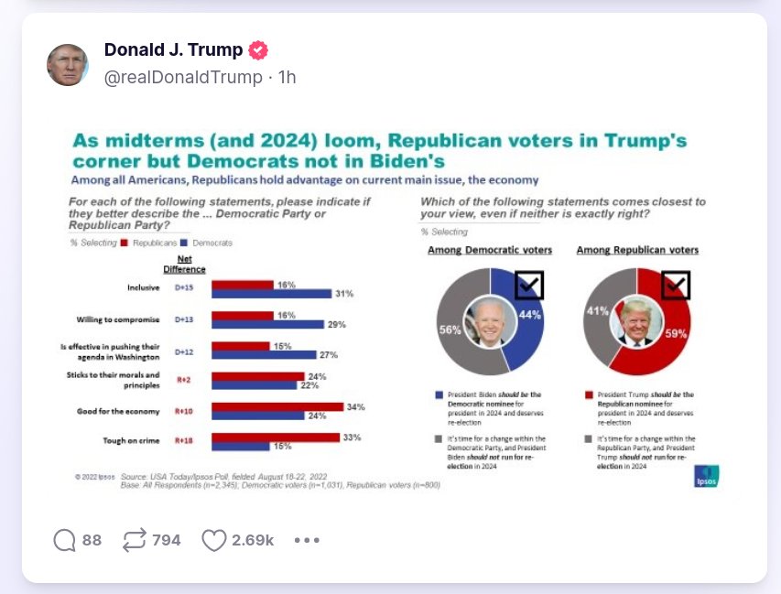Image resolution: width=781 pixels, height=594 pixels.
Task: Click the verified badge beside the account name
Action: (259, 50)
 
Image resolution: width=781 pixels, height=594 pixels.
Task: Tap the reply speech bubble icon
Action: (65, 540)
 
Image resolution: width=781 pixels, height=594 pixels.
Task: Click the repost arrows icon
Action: (135, 540)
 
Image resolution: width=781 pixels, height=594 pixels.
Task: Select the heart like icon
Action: (213, 540)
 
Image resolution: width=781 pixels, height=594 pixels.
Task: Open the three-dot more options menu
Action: (307, 540)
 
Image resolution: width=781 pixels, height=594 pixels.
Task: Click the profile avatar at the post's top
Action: (68, 65)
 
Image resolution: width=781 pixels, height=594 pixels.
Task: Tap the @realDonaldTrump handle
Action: (183, 78)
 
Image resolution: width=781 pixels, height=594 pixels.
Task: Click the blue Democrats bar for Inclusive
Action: (270, 294)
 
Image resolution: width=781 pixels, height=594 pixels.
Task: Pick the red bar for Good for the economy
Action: (277, 406)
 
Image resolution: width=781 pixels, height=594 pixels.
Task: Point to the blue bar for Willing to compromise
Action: (267, 324)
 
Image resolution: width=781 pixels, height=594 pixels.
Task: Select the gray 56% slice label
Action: (450, 330)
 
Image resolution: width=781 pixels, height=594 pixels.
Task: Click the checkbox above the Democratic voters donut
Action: (529, 286)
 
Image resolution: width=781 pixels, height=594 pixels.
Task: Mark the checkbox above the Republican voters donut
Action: (676, 286)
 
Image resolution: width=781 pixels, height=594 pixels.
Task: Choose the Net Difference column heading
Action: (184, 264)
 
